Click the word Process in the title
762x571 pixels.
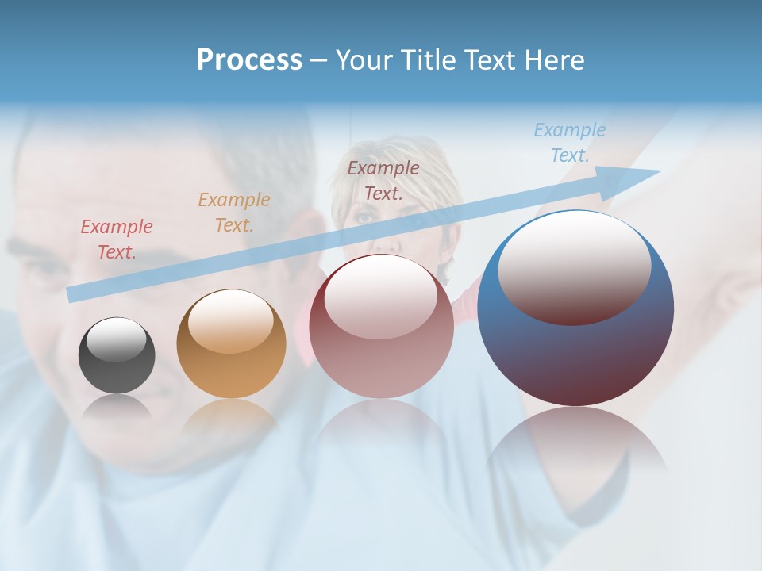coord(249,60)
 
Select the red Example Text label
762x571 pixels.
coord(117,240)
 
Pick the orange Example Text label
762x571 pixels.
coord(234,212)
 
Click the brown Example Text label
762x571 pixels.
coord(383,180)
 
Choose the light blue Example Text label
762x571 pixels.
coord(570,143)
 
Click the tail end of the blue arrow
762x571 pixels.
coord(73,294)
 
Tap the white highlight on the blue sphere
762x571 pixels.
coord(574,266)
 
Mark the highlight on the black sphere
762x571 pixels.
coord(116,339)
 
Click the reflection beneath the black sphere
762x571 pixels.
coord(117,408)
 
